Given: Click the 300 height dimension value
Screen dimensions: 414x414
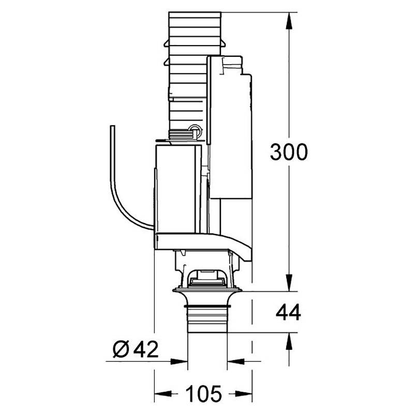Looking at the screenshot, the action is click(289, 152).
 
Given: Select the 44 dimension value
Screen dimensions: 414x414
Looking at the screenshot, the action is click(288, 312).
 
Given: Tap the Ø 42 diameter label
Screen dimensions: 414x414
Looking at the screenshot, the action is click(136, 349).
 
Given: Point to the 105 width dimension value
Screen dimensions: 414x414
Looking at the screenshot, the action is click(203, 393).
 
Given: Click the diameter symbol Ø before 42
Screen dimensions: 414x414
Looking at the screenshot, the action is click(121, 349).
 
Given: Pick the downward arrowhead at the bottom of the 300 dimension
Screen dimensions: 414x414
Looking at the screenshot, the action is click(289, 283).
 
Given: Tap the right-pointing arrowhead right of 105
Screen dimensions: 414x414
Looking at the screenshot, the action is click(244, 393).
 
